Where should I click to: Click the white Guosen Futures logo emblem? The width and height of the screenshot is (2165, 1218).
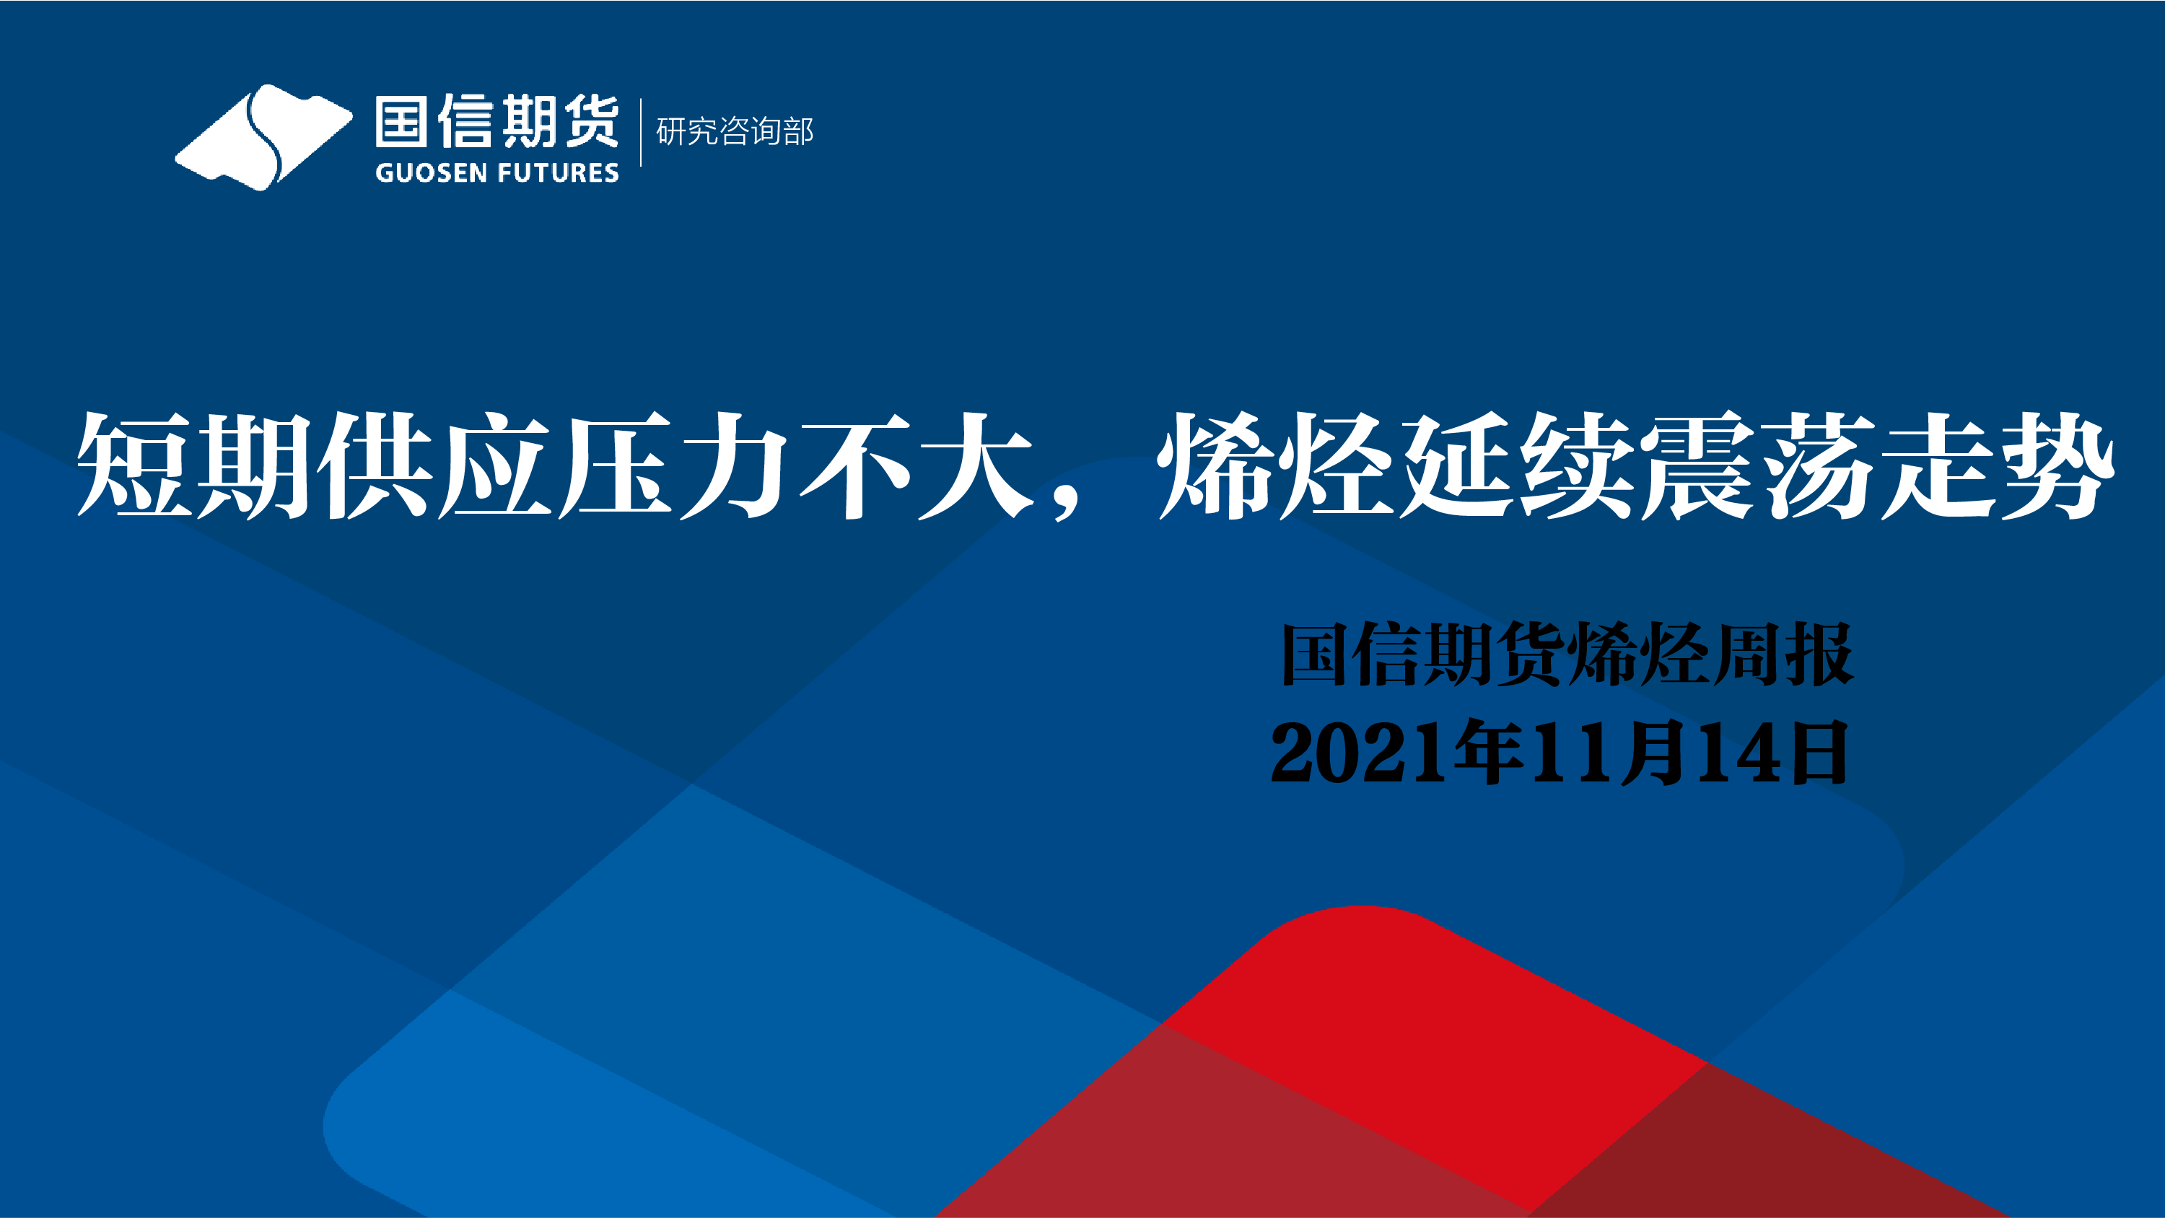click(263, 137)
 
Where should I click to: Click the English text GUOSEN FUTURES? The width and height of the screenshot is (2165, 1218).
click(497, 173)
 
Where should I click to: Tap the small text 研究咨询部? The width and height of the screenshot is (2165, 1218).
click(735, 132)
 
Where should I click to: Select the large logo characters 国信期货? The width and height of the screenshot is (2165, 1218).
click(497, 122)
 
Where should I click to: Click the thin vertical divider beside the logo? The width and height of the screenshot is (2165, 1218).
click(640, 133)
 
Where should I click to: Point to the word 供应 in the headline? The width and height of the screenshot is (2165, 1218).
click(435, 465)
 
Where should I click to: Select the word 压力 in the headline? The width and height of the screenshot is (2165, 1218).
click(675, 465)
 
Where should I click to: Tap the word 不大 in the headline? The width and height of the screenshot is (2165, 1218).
click(916, 465)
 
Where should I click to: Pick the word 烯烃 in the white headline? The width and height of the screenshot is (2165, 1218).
click(1277, 465)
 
